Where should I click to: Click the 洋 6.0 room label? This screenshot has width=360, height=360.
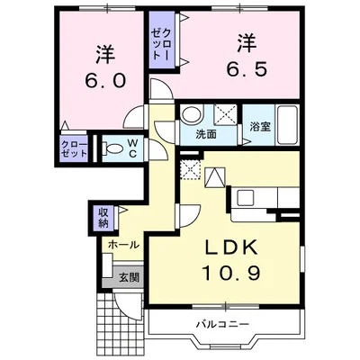click(105, 67)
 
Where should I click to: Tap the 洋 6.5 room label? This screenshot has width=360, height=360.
click(246, 56)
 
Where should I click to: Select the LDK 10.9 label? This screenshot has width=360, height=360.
click(231, 260)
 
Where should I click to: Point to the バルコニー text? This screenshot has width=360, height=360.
click(223, 324)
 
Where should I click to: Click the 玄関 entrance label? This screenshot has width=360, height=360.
click(130, 277)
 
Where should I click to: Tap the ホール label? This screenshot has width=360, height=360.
click(123, 245)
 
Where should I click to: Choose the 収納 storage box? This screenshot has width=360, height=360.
click(103, 218)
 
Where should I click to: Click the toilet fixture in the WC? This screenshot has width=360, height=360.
click(112, 148)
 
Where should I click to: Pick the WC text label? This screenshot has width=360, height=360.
click(133, 148)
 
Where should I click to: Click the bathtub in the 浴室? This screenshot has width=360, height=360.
click(287, 125)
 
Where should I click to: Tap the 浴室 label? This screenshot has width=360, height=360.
click(261, 127)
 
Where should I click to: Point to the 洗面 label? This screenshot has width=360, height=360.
click(206, 135)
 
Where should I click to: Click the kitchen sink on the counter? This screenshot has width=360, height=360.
click(246, 197)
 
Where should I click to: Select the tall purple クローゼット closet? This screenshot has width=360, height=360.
click(162, 40)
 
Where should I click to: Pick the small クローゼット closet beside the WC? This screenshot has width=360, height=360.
click(74, 148)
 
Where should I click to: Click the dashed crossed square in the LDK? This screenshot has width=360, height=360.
click(189, 169)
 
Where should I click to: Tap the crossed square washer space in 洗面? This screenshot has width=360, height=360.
click(225, 114)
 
